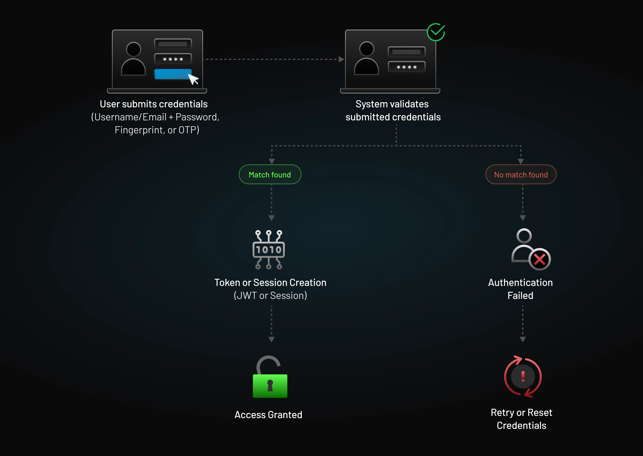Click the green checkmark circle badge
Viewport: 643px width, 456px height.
point(436,32)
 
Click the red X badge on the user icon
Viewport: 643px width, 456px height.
point(539,259)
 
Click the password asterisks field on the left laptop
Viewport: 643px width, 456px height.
point(173,59)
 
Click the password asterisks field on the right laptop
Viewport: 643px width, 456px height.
point(406,67)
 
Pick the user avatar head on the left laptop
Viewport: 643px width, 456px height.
point(134,49)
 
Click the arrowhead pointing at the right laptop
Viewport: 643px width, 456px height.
point(341,59)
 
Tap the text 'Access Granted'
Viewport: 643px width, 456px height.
point(268,415)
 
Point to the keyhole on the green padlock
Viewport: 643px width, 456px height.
point(270,385)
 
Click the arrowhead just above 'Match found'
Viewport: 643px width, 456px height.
point(272,161)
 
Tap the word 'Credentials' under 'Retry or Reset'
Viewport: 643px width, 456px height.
point(521,425)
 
